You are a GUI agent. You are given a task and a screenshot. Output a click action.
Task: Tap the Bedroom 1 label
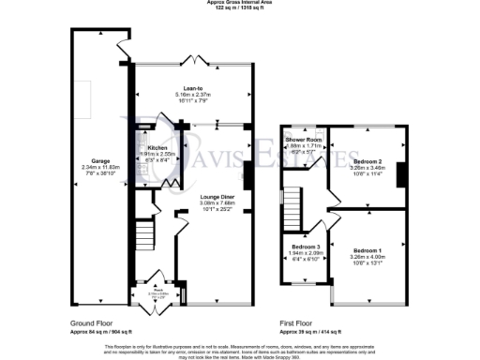pyautogui.click(x=367, y=250)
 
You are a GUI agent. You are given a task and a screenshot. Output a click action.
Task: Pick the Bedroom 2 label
pyautogui.click(x=367, y=160)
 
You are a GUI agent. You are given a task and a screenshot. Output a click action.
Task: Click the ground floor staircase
pyautogui.click(x=143, y=233)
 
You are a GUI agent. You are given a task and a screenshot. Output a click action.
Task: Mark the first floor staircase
pyautogui.click(x=292, y=202)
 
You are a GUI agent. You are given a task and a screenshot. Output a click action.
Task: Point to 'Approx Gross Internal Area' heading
pyautogui.click(x=240, y=3)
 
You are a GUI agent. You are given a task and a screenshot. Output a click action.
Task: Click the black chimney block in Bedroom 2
pyautogui.click(x=400, y=174)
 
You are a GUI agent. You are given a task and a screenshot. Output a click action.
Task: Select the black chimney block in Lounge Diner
pyautogui.click(x=248, y=175)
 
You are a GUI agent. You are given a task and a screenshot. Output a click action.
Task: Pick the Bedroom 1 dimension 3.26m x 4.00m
pyautogui.click(x=367, y=257)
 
